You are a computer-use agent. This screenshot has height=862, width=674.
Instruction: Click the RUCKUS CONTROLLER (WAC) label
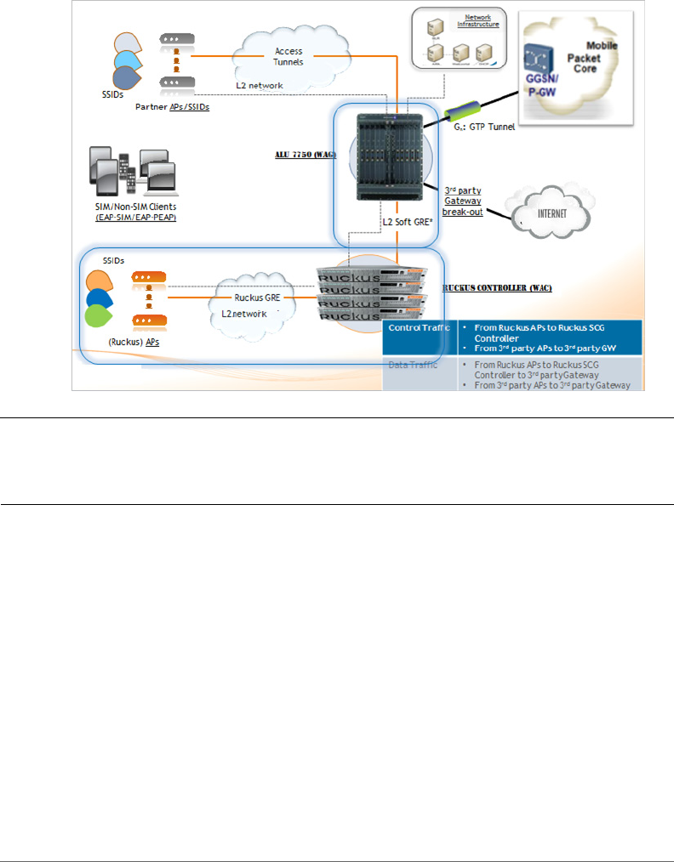(498, 288)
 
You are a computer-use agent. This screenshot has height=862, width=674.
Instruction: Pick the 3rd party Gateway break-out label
(462, 201)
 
